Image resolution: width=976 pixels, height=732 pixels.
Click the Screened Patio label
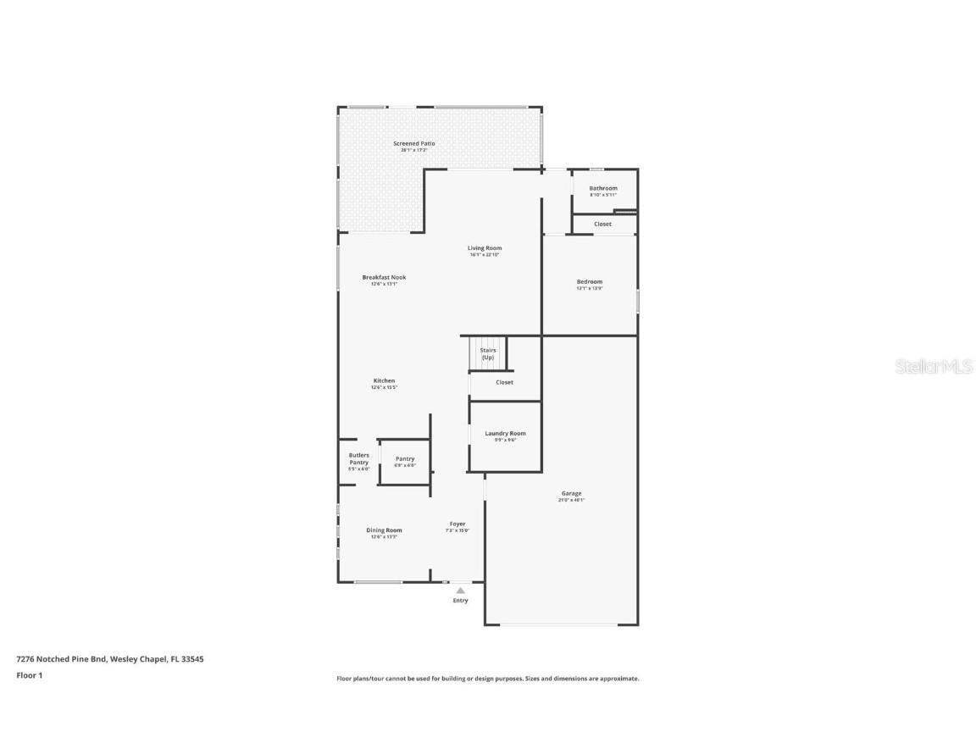pyautogui.click(x=413, y=144)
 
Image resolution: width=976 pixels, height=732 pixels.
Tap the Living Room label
pyautogui.click(x=485, y=248)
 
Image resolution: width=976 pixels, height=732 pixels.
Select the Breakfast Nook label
pyautogui.click(x=384, y=277)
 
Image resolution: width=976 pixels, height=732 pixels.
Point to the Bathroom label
pyautogui.click(x=603, y=188)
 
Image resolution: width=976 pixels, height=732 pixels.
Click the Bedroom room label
pyautogui.click(x=589, y=282)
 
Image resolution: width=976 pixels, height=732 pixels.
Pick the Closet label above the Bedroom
pyautogui.click(x=602, y=225)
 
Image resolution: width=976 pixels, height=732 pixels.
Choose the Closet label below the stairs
pyautogui.click(x=504, y=382)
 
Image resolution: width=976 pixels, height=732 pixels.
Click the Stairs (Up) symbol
pyautogui.click(x=487, y=353)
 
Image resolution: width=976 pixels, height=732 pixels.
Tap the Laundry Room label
pyautogui.click(x=505, y=434)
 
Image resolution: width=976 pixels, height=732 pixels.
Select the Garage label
pyautogui.click(x=571, y=493)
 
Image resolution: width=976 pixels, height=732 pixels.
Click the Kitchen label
pyautogui.click(x=384, y=381)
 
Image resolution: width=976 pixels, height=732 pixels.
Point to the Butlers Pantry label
pyautogui.click(x=358, y=459)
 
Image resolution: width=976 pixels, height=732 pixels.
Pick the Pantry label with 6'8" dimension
pyautogui.click(x=405, y=459)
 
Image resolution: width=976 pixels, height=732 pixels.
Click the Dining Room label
pyautogui.click(x=384, y=530)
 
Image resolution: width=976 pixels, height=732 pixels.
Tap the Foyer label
pyautogui.click(x=457, y=524)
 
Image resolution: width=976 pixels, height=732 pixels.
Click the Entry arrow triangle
pyautogui.click(x=460, y=591)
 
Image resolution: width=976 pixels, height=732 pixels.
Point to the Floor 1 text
pyautogui.click(x=29, y=675)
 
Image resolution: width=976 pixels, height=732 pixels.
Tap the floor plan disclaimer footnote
pyautogui.click(x=487, y=679)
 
